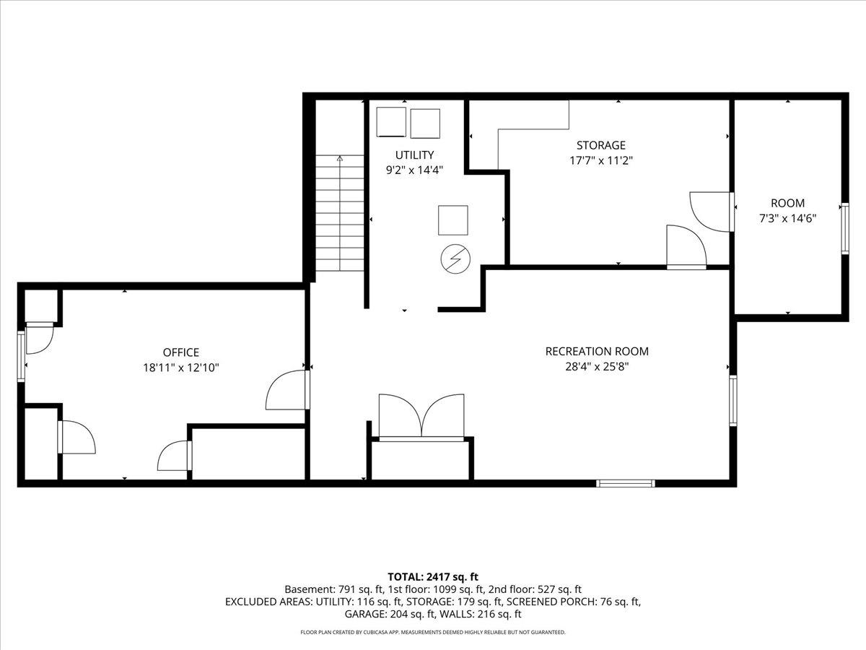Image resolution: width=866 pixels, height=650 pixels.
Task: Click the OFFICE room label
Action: (180, 352)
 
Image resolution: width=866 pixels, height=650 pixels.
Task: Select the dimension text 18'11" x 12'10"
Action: (180, 368)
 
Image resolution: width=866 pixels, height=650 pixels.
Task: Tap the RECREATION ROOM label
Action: (597, 352)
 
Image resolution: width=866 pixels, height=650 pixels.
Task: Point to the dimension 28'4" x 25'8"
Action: (597, 366)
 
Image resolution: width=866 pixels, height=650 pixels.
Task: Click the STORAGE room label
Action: (597, 145)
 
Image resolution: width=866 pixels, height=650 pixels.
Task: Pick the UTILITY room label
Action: (414, 155)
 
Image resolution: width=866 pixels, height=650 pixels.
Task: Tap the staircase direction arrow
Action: (339, 158)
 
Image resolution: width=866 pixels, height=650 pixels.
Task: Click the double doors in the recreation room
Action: (421, 417)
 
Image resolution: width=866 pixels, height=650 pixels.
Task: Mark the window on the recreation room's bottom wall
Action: (626, 482)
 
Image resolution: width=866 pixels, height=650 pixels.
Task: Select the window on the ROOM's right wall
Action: (844, 227)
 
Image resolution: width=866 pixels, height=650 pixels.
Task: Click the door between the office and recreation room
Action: (289, 390)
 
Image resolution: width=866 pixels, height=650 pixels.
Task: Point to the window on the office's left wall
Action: (21, 355)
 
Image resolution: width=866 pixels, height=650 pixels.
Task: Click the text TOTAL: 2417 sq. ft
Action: (433, 576)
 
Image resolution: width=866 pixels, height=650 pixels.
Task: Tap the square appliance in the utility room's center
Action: (452, 220)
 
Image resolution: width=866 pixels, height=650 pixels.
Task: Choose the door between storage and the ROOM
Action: (712, 211)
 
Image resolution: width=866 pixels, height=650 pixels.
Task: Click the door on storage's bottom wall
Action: (686, 247)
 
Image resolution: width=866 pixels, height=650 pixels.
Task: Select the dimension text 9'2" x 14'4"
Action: (414, 170)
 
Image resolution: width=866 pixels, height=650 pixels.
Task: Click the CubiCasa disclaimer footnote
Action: (433, 633)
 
